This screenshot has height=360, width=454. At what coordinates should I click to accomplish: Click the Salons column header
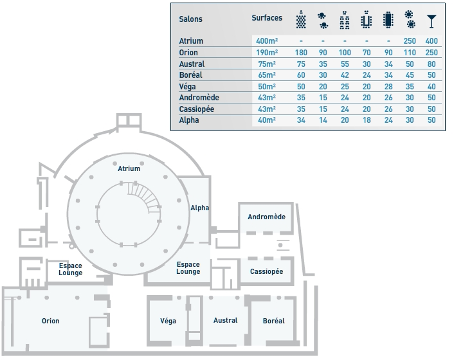click(191, 19)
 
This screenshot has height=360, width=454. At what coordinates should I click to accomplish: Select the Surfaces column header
click(266, 18)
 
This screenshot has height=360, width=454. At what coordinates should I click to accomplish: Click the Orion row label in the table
click(188, 53)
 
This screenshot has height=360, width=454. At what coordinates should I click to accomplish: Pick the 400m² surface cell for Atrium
click(266, 41)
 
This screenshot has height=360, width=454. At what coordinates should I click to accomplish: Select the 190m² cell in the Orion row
click(266, 53)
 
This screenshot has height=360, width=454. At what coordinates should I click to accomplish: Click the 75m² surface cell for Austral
click(266, 64)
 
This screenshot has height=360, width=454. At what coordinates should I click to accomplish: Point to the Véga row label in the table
click(188, 87)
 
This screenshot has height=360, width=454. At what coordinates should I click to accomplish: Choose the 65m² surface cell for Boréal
click(266, 75)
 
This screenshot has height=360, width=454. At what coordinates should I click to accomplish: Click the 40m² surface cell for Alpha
click(266, 120)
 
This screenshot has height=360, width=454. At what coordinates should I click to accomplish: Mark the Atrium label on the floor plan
click(129, 169)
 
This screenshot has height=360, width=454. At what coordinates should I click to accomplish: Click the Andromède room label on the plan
click(266, 217)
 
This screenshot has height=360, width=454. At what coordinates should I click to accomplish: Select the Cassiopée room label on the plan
click(266, 271)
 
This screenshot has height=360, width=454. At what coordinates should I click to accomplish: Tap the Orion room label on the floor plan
click(50, 321)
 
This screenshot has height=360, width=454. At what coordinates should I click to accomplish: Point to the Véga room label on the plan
click(168, 321)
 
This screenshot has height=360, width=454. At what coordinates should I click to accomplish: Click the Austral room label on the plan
click(225, 320)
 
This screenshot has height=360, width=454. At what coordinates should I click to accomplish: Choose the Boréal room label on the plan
click(274, 321)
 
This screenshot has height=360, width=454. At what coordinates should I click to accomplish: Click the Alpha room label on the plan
click(199, 208)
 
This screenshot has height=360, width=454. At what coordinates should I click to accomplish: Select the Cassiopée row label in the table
click(196, 109)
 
